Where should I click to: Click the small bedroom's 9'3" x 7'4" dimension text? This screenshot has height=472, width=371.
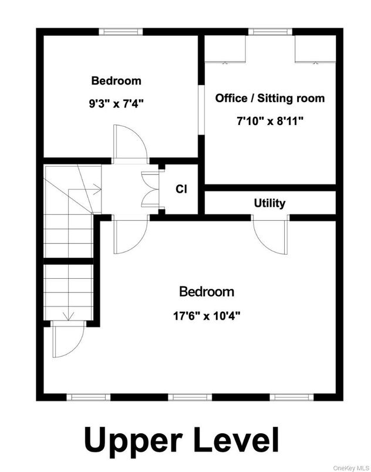coord(116,104)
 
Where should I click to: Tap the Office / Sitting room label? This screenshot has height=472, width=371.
coord(269,98)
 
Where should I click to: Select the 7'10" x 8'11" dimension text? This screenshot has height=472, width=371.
coord(269,122)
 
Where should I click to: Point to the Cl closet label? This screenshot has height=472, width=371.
coord(181,189)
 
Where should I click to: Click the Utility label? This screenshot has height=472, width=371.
coord(269,203)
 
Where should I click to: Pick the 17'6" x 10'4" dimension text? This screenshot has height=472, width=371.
coord(206,315)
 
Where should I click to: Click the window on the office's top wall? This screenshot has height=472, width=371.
coord(269,32)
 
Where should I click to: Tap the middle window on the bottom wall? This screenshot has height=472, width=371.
coord(190,397)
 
